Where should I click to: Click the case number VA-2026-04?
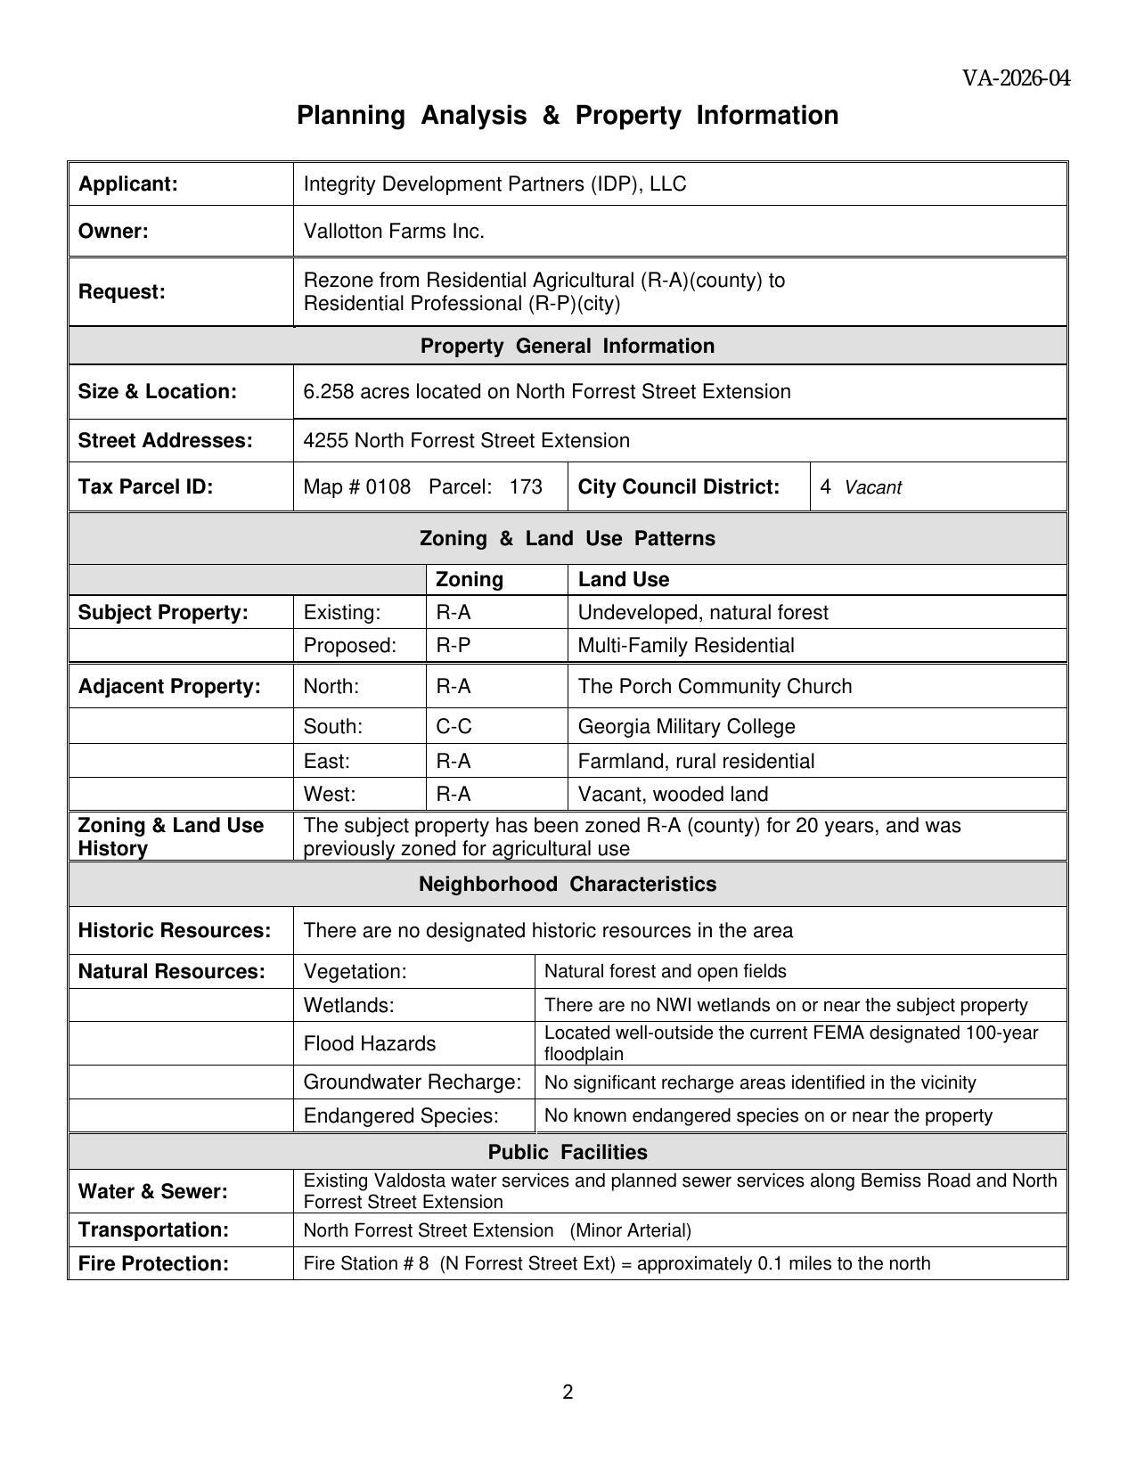[1016, 79]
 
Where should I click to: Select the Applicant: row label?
[128, 184]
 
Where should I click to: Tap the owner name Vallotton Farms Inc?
[394, 232]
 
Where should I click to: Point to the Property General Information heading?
[567, 347]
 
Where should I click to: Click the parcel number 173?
[526, 487]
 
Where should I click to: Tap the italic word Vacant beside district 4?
[872, 488]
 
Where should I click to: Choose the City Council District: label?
[678, 487]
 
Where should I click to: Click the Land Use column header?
[623, 580]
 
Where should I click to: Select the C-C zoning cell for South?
[454, 727]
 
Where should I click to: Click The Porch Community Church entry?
[715, 687]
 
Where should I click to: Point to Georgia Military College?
[686, 727]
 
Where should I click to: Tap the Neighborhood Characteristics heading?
[567, 885]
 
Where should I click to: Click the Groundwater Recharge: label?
[412, 1082]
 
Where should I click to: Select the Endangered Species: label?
[400, 1116]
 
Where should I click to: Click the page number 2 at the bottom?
[568, 1392]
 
